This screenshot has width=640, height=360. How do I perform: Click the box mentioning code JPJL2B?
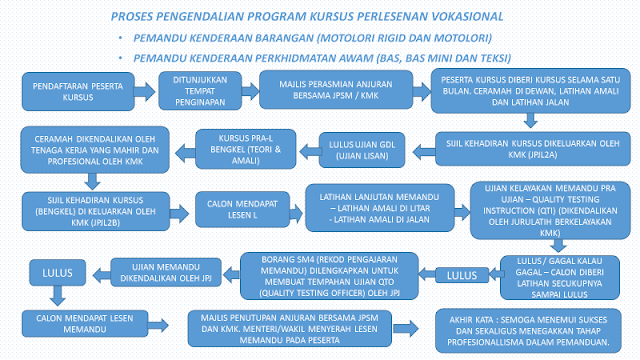coord(86,205)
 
